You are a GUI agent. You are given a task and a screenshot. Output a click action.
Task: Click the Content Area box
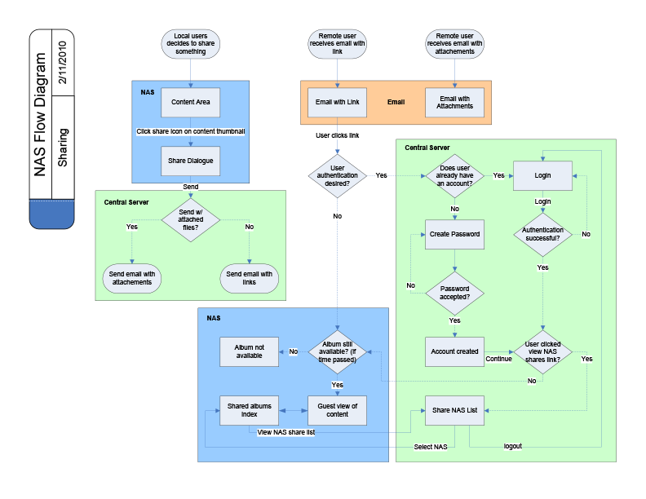click(191, 102)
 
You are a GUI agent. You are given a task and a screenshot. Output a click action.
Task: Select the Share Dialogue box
click(191, 161)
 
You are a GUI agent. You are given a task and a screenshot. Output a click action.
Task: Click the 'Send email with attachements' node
click(132, 279)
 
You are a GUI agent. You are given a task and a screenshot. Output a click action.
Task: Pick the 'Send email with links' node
click(250, 279)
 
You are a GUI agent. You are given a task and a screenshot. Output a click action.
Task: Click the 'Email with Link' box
click(338, 102)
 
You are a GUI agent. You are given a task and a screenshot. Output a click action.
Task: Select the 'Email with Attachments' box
click(454, 102)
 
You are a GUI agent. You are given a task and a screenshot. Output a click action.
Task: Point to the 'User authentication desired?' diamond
click(338, 176)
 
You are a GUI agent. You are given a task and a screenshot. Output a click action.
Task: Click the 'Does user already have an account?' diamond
click(455, 176)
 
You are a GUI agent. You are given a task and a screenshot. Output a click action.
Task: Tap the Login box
click(542, 176)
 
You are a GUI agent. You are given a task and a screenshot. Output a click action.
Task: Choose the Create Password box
click(455, 234)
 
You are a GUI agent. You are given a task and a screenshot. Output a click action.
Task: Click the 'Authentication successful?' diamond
click(542, 235)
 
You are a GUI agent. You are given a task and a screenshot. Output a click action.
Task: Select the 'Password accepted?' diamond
click(455, 294)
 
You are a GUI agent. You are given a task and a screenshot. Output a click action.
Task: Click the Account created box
click(455, 351)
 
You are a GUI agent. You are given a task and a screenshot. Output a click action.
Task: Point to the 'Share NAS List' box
click(455, 410)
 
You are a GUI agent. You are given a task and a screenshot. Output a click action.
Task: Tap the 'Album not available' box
click(250, 351)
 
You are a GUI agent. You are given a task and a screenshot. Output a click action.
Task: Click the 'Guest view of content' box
click(338, 410)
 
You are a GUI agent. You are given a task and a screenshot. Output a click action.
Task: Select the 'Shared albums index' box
click(250, 410)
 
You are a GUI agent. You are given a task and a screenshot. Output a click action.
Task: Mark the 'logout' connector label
click(512, 446)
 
